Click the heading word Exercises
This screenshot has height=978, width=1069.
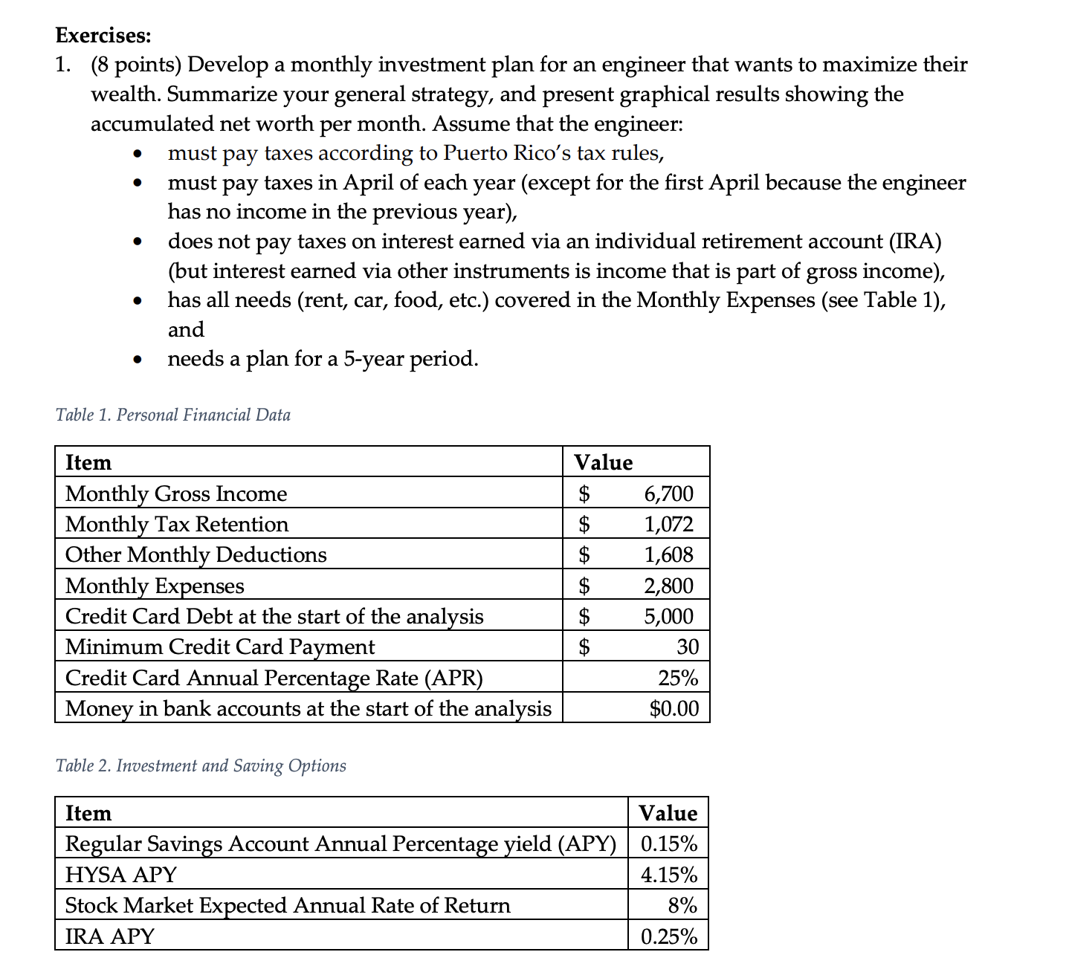(x=103, y=35)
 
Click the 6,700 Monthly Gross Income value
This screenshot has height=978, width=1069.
(x=668, y=493)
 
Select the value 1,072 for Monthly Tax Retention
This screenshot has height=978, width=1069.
(x=668, y=524)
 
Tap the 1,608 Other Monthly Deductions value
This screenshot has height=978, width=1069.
(x=668, y=554)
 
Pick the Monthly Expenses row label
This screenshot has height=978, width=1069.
(x=155, y=586)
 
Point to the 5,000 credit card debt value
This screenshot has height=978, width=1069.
(x=668, y=616)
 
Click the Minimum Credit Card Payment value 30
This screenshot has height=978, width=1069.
(x=687, y=647)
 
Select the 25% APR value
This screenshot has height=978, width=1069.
(x=678, y=678)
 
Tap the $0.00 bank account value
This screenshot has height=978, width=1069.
(x=674, y=708)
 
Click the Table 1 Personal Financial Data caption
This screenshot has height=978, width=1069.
(x=172, y=415)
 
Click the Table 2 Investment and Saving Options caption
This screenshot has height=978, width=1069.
(x=201, y=765)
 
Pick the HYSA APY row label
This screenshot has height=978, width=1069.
(x=120, y=875)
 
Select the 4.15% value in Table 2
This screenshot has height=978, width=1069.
(x=668, y=875)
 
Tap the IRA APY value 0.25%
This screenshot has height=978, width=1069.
(x=668, y=936)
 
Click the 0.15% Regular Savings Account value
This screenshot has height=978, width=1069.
(x=668, y=843)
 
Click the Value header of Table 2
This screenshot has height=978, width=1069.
(x=668, y=813)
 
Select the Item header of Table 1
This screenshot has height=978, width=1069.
(x=88, y=462)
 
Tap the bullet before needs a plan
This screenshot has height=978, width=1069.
(x=136, y=360)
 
